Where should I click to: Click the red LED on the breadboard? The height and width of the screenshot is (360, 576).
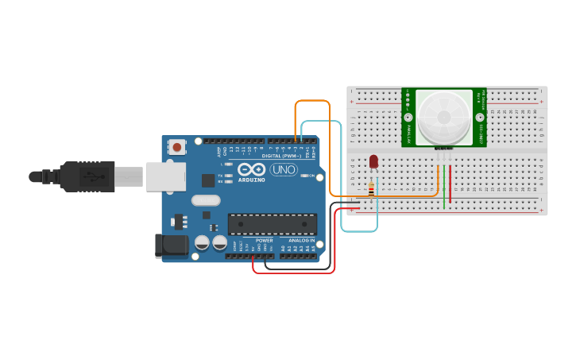pos(373,161)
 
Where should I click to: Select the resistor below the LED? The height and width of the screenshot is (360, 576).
pos(371,189)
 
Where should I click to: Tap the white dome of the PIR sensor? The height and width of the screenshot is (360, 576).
pos(443,117)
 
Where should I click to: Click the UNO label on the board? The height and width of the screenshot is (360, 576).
pos(284,170)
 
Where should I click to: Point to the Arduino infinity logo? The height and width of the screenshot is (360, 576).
pos(251,169)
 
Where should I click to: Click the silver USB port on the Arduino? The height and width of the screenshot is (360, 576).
pos(165,176)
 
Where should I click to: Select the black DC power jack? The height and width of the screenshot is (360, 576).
pos(171,246)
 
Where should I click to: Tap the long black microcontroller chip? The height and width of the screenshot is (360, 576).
pos(273,224)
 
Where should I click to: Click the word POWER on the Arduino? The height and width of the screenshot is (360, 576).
pos(265,240)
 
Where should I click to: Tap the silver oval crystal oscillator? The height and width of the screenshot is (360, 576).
pos(205,200)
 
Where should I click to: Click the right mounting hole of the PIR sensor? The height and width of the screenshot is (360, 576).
pos(479,118)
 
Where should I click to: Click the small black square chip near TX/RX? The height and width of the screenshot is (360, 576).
pos(208,180)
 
